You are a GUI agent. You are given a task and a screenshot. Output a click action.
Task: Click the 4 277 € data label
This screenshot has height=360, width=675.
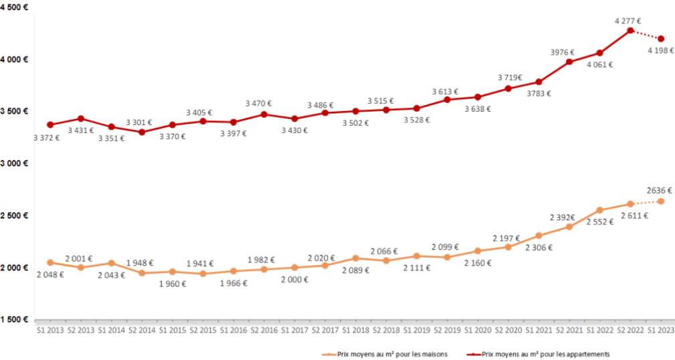point(628,21)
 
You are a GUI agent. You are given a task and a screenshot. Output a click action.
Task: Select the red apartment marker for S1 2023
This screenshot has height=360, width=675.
point(661,39)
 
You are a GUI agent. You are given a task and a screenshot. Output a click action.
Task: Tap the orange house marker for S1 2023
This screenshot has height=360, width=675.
point(661,201)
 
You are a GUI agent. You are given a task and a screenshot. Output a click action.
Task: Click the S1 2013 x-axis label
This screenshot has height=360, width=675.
point(50,330)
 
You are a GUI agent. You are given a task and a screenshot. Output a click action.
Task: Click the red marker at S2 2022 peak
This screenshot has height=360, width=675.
point(630,30)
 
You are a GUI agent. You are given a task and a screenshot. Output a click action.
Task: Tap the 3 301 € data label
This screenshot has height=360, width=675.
point(139,122)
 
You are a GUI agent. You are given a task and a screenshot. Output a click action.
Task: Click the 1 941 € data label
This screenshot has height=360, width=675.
point(201,262)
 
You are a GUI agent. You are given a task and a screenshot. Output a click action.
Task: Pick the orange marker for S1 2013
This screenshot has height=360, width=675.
point(50,262)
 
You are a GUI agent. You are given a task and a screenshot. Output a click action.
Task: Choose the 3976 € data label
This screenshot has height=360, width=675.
point(565,52)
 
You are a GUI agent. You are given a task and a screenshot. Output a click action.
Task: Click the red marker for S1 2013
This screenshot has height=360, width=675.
point(50,124)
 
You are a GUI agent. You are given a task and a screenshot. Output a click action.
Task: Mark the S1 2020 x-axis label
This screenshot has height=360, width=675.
point(477,330)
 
